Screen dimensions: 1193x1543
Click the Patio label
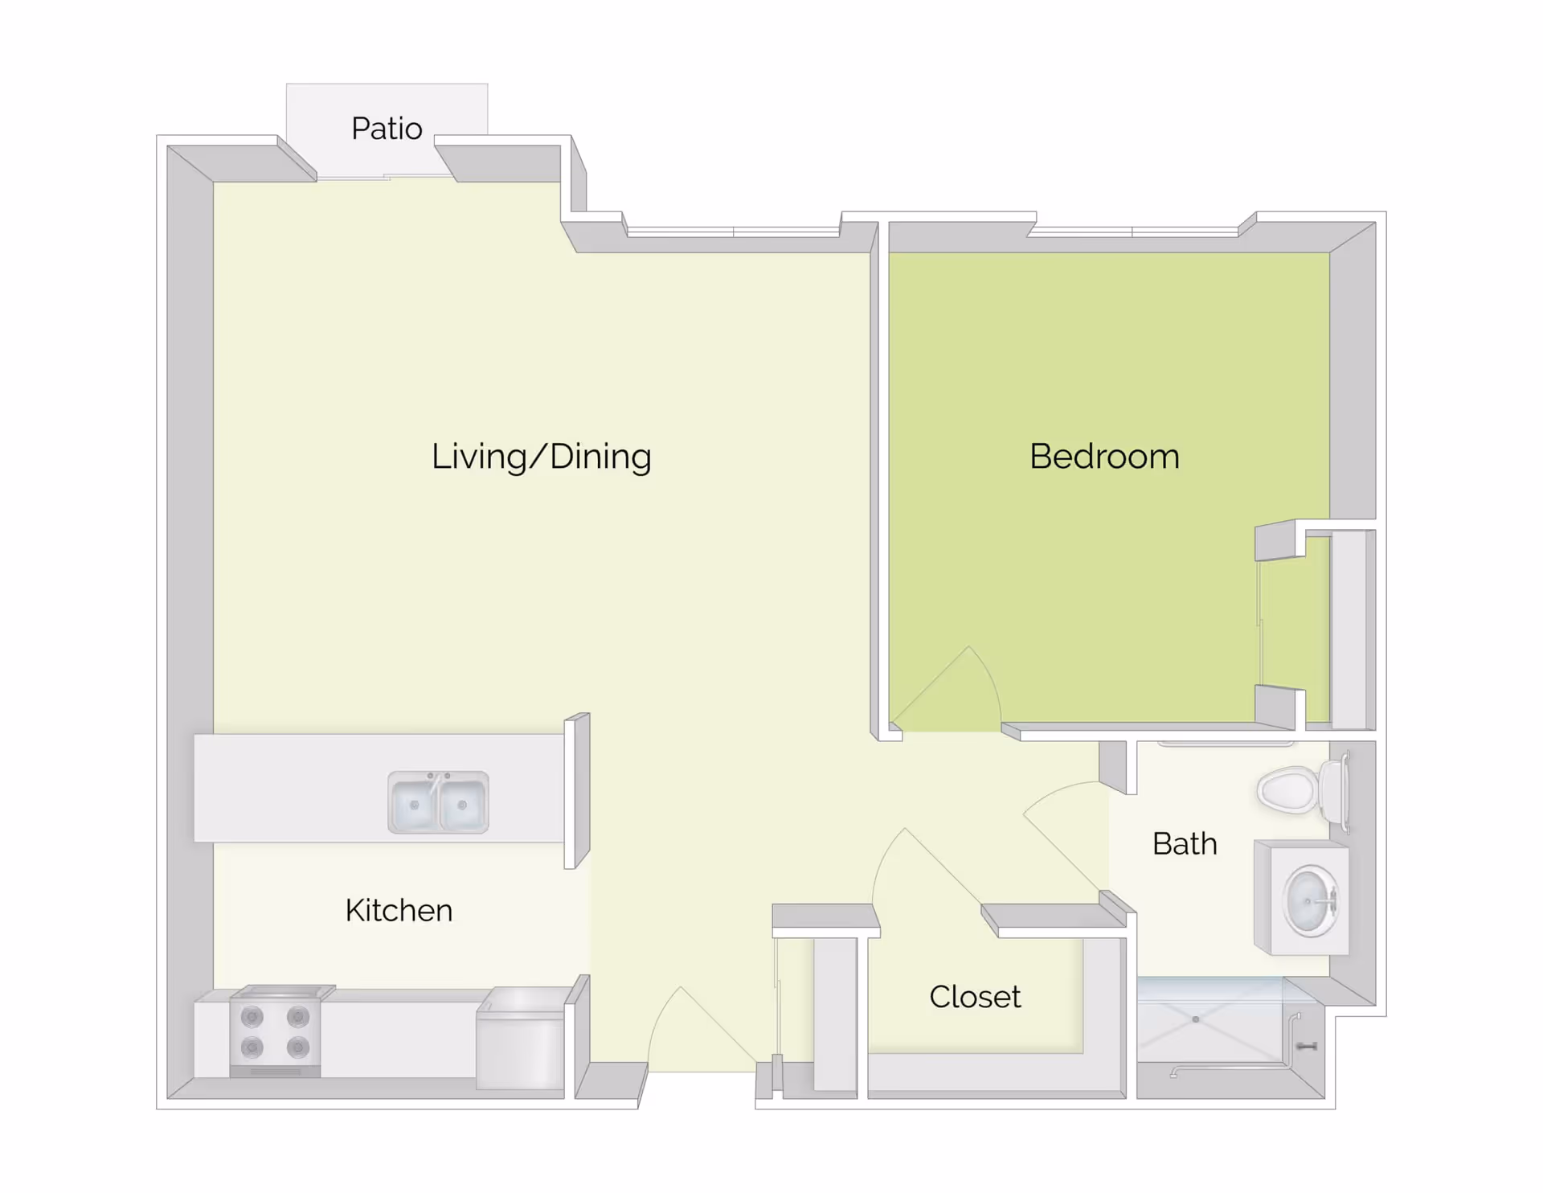387,129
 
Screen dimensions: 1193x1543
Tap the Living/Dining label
541,457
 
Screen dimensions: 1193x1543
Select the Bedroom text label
1104,457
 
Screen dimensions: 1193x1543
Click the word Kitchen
399,911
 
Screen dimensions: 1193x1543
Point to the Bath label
1185,844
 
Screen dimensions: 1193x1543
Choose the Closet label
975,997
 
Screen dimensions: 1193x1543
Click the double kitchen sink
438,803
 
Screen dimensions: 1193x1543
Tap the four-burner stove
275,1032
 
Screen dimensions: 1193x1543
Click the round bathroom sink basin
1310,901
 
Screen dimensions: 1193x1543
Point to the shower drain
1196,1019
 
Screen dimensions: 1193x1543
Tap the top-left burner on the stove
252,1017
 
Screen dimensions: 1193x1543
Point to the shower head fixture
1306,1046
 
